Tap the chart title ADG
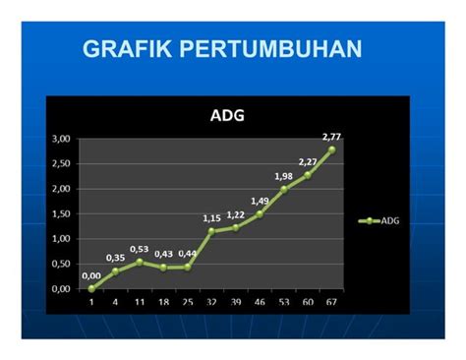pyautogui.click(x=227, y=115)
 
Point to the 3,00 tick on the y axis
pyautogui.click(x=61, y=140)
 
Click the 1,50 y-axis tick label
pyautogui.click(x=61, y=214)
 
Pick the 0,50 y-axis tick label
pyautogui.click(x=61, y=265)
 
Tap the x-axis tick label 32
pyautogui.click(x=211, y=302)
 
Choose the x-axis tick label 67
pyautogui.click(x=331, y=302)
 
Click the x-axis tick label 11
pyautogui.click(x=140, y=302)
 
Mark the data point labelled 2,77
pyautogui.click(x=331, y=150)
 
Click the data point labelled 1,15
pyautogui.click(x=211, y=231)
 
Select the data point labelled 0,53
pyautogui.click(x=140, y=262)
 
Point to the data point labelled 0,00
pyautogui.click(x=91, y=288)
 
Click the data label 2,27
pyautogui.click(x=308, y=161)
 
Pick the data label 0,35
pyautogui.click(x=115, y=258)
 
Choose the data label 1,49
pyautogui.click(x=259, y=201)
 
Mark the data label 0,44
pyautogui.click(x=188, y=254)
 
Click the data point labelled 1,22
pyautogui.click(x=235, y=227)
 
